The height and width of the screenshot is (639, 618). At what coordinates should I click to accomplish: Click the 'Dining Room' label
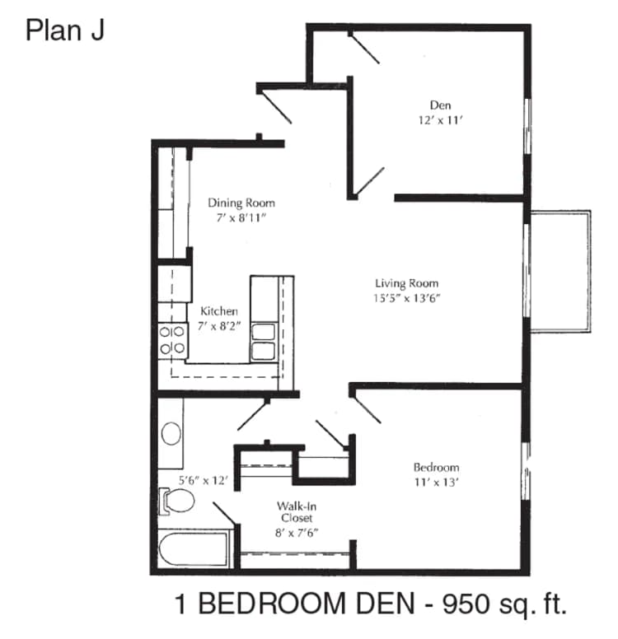[x=241, y=203]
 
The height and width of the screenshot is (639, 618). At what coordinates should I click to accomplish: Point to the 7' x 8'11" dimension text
[x=241, y=218]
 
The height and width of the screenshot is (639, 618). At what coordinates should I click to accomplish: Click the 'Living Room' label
[x=402, y=284]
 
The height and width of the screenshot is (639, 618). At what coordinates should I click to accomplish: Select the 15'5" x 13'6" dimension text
[x=402, y=300]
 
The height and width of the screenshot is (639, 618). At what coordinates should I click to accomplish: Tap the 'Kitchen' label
[x=219, y=311]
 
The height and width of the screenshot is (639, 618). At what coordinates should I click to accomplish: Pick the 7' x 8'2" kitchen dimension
[x=219, y=327]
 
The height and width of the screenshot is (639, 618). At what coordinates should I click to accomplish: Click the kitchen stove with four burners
[x=171, y=340]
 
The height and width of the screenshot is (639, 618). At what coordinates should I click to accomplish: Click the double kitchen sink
[x=264, y=342]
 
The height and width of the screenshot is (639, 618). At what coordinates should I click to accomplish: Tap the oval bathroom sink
[x=171, y=433]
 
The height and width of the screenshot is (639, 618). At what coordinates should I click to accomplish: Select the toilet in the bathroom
[x=176, y=499]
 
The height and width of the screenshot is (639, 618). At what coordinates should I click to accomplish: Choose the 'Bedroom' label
[x=436, y=468]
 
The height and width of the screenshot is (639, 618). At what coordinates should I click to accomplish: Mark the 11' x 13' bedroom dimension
[x=436, y=483]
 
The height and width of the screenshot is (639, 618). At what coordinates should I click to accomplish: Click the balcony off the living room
[x=560, y=271]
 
